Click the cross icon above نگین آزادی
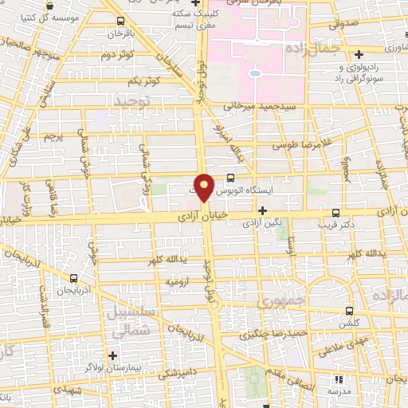pyautogui.click(x=261, y=210)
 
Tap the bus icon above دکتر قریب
pyautogui.click(x=336, y=212)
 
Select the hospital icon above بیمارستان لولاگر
pyautogui.click(x=112, y=354)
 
